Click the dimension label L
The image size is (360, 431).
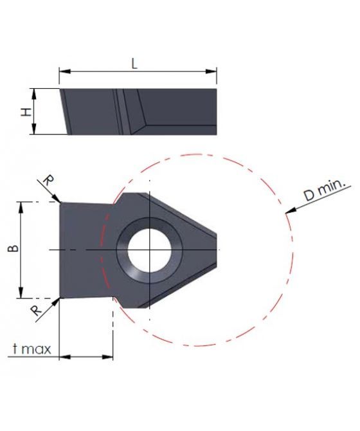pyautogui.click(x=134, y=64)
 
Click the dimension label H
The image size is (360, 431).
pyautogui.click(x=26, y=112)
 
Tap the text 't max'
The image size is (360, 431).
pyautogui.click(x=32, y=349)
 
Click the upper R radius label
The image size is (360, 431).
pyautogui.click(x=49, y=181)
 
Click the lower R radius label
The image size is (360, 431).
pyautogui.click(x=36, y=311)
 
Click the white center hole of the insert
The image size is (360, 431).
pyautogui.click(x=150, y=250)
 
